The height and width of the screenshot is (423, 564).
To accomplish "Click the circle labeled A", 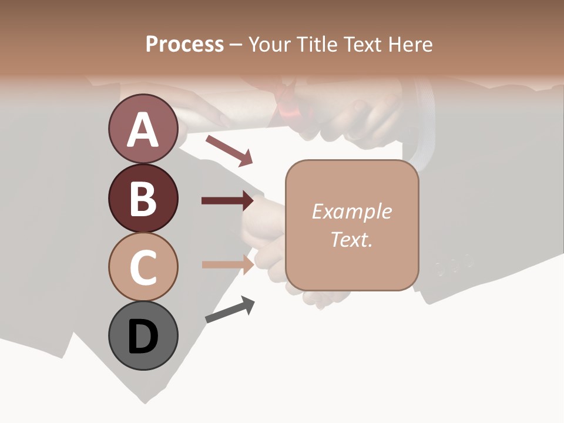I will pyautogui.click(x=143, y=129).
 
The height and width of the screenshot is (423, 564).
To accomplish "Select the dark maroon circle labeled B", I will pyautogui.click(x=143, y=198).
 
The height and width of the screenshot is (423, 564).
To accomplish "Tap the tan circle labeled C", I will pyautogui.click(x=143, y=267).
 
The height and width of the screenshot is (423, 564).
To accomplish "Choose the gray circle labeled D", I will pyautogui.click(x=143, y=335).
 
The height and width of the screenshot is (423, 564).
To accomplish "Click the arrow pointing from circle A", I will pyautogui.click(x=229, y=150).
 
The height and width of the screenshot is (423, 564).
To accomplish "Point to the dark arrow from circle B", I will pyautogui.click(x=227, y=201).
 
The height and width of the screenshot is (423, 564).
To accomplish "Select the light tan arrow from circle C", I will pyautogui.click(x=227, y=264).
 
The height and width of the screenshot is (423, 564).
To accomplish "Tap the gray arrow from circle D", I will pyautogui.click(x=230, y=310).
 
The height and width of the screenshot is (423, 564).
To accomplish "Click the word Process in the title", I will pyautogui.click(x=184, y=44).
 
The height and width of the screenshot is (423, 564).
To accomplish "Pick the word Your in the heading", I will pyautogui.click(x=268, y=44).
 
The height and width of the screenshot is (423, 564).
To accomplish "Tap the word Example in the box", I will pyautogui.click(x=351, y=211).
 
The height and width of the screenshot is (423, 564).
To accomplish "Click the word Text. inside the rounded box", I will pyautogui.click(x=351, y=239).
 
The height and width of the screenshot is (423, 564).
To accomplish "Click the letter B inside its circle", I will pyautogui.click(x=143, y=199).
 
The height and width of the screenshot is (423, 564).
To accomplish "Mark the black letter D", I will pyautogui.click(x=143, y=337).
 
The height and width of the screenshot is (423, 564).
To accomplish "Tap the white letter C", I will pyautogui.click(x=143, y=267).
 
